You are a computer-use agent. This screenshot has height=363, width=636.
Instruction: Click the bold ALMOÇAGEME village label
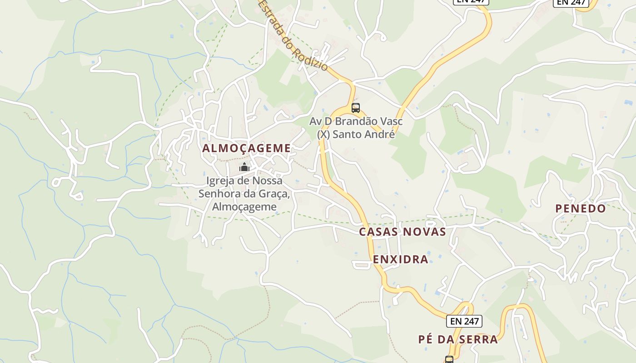pos(246,148)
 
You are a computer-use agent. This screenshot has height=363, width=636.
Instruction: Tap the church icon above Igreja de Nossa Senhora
pos(244,167)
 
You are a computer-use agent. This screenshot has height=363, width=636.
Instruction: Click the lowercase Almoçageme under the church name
pos(244,206)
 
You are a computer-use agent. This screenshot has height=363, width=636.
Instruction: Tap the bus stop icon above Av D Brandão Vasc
pos(356,108)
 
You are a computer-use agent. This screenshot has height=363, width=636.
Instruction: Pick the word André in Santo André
pos(382,134)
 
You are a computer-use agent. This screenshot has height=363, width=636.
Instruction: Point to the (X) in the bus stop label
pos(323,134)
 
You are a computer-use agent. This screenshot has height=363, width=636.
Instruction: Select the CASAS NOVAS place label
pos(402,232)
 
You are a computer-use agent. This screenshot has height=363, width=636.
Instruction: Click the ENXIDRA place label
pos(401,259)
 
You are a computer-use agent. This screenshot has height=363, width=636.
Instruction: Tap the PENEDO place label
pos(581,208)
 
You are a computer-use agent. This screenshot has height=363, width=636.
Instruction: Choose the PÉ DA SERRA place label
pos(458,339)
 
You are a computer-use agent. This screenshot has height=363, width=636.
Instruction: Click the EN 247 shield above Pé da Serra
pos(464,321)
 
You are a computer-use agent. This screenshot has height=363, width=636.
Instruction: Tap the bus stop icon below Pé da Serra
pos(449,360)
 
